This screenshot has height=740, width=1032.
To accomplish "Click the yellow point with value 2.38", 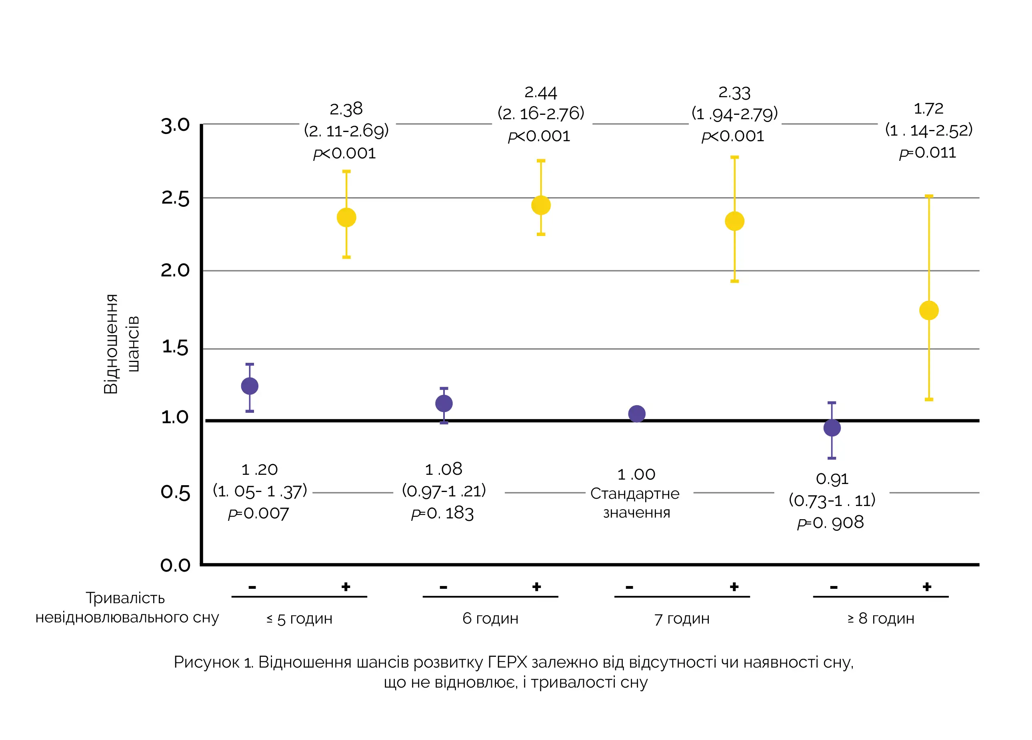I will pyautogui.click(x=346, y=218).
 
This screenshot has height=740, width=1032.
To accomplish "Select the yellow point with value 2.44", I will pyautogui.click(x=540, y=205).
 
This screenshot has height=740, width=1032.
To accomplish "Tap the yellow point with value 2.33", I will pyautogui.click(x=734, y=221).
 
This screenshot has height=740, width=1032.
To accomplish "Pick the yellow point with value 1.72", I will pyautogui.click(x=929, y=310).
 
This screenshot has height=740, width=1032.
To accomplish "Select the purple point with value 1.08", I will pyautogui.click(x=444, y=403).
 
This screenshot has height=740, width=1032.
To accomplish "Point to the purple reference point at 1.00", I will pyautogui.click(x=636, y=414).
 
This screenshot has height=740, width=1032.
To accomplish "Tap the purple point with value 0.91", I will pyautogui.click(x=832, y=428).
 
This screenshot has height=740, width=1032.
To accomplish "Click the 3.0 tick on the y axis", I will pyautogui.click(x=175, y=126).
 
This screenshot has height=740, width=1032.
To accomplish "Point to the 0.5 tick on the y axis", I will pyautogui.click(x=175, y=492).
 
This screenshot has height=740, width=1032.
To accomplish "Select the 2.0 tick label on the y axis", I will pyautogui.click(x=175, y=270).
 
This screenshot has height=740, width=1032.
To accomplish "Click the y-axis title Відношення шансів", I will pyautogui.click(x=120, y=344).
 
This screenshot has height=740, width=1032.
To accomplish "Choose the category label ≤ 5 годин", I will pyautogui.click(x=300, y=619).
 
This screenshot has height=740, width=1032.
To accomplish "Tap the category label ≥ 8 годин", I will pyautogui.click(x=880, y=618).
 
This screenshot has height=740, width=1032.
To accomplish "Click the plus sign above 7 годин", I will pyautogui.click(x=734, y=587).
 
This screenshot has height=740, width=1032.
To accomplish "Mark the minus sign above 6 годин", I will pyautogui.click(x=443, y=587).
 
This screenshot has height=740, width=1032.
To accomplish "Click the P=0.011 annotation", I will pyautogui.click(x=927, y=153).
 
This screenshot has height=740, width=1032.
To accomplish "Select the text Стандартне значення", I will pyautogui.click(x=636, y=503).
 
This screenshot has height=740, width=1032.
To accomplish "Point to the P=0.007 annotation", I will pyautogui.click(x=258, y=513).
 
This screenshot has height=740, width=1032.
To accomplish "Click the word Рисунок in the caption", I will pyautogui.click(x=206, y=662).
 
